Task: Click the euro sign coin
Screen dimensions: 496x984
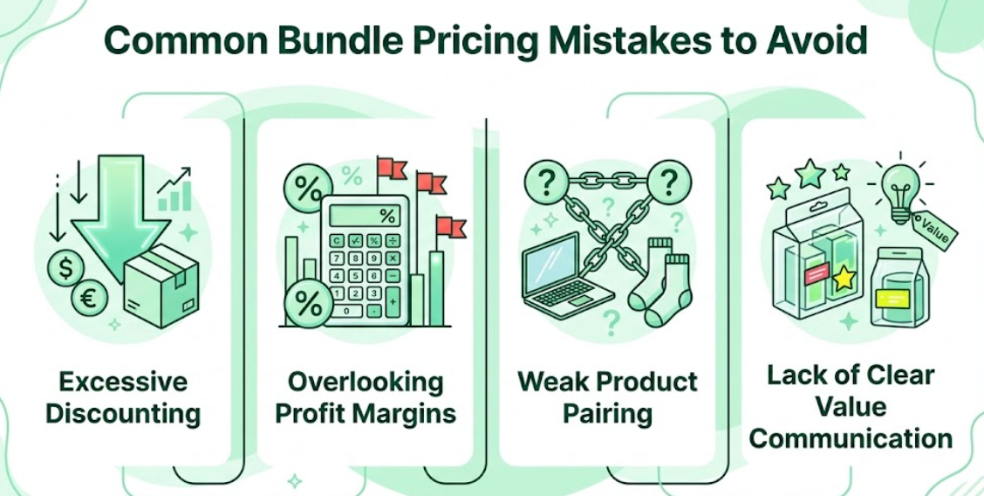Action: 89,300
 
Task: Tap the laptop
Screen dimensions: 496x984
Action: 567,271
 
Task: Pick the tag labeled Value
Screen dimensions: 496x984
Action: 936,228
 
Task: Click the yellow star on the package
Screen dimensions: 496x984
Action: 843,279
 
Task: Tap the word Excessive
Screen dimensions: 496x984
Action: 123,382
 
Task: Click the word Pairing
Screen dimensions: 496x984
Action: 607,412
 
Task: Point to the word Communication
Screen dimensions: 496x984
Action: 851,437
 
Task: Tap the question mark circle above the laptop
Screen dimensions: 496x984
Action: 547,183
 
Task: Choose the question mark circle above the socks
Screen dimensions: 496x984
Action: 670,183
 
